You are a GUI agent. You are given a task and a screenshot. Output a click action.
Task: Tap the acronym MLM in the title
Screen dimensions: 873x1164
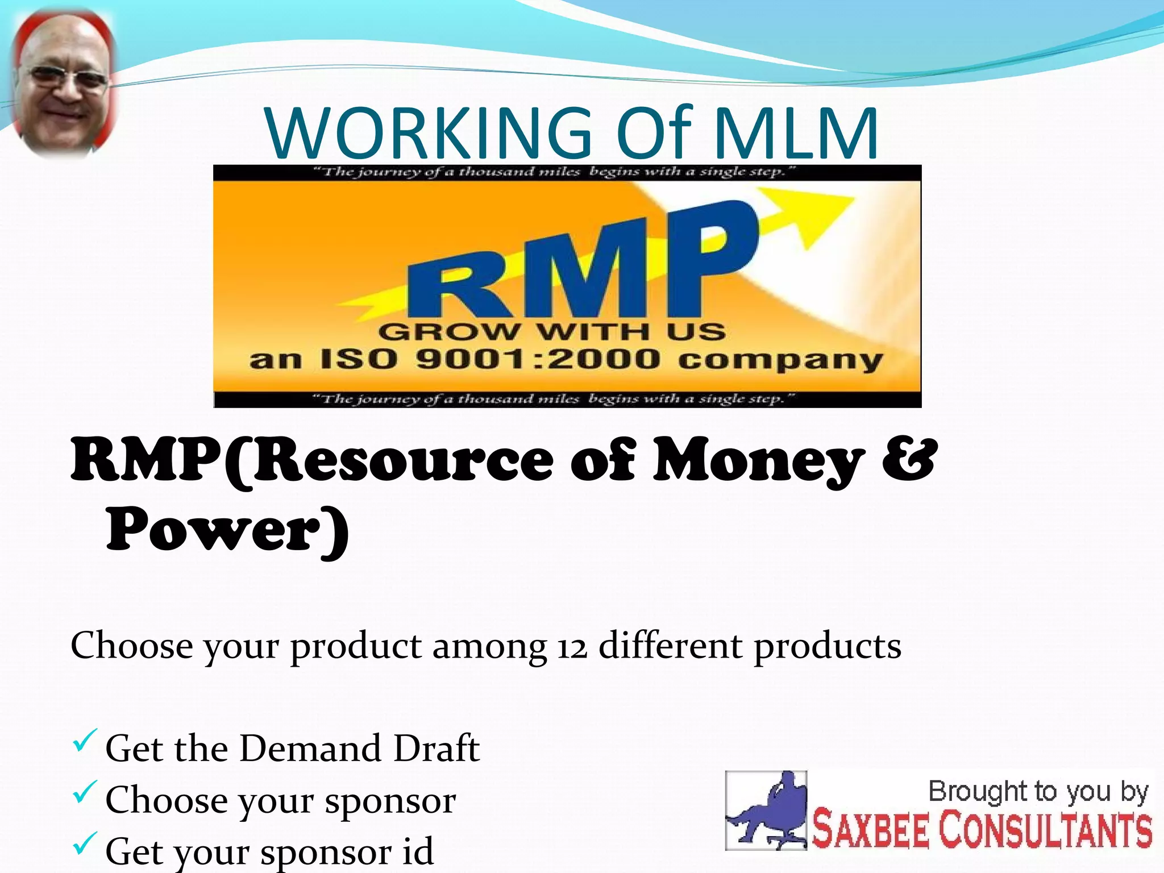click(x=796, y=134)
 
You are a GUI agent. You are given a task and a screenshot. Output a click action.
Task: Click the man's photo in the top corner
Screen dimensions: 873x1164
click(x=63, y=85)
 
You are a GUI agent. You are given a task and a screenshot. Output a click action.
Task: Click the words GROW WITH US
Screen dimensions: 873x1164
click(x=551, y=331)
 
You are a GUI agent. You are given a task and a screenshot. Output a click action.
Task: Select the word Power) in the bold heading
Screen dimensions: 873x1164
click(x=227, y=530)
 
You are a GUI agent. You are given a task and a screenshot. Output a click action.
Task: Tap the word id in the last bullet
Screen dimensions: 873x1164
click(x=417, y=850)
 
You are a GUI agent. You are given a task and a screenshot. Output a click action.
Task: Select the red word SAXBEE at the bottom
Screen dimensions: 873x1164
click(x=870, y=830)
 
